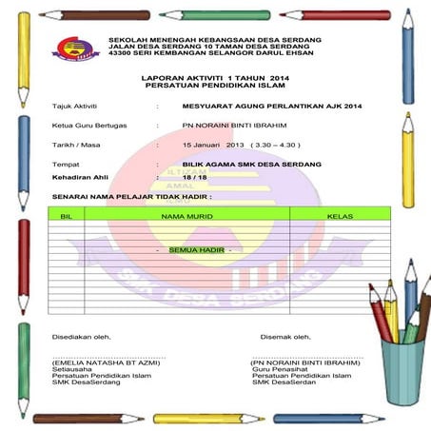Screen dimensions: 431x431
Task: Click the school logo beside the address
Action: click(71, 49)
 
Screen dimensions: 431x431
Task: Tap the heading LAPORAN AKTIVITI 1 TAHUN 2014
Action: click(213, 77)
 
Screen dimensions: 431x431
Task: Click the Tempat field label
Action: click(66, 165)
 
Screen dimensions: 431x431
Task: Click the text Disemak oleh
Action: click(286, 335)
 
